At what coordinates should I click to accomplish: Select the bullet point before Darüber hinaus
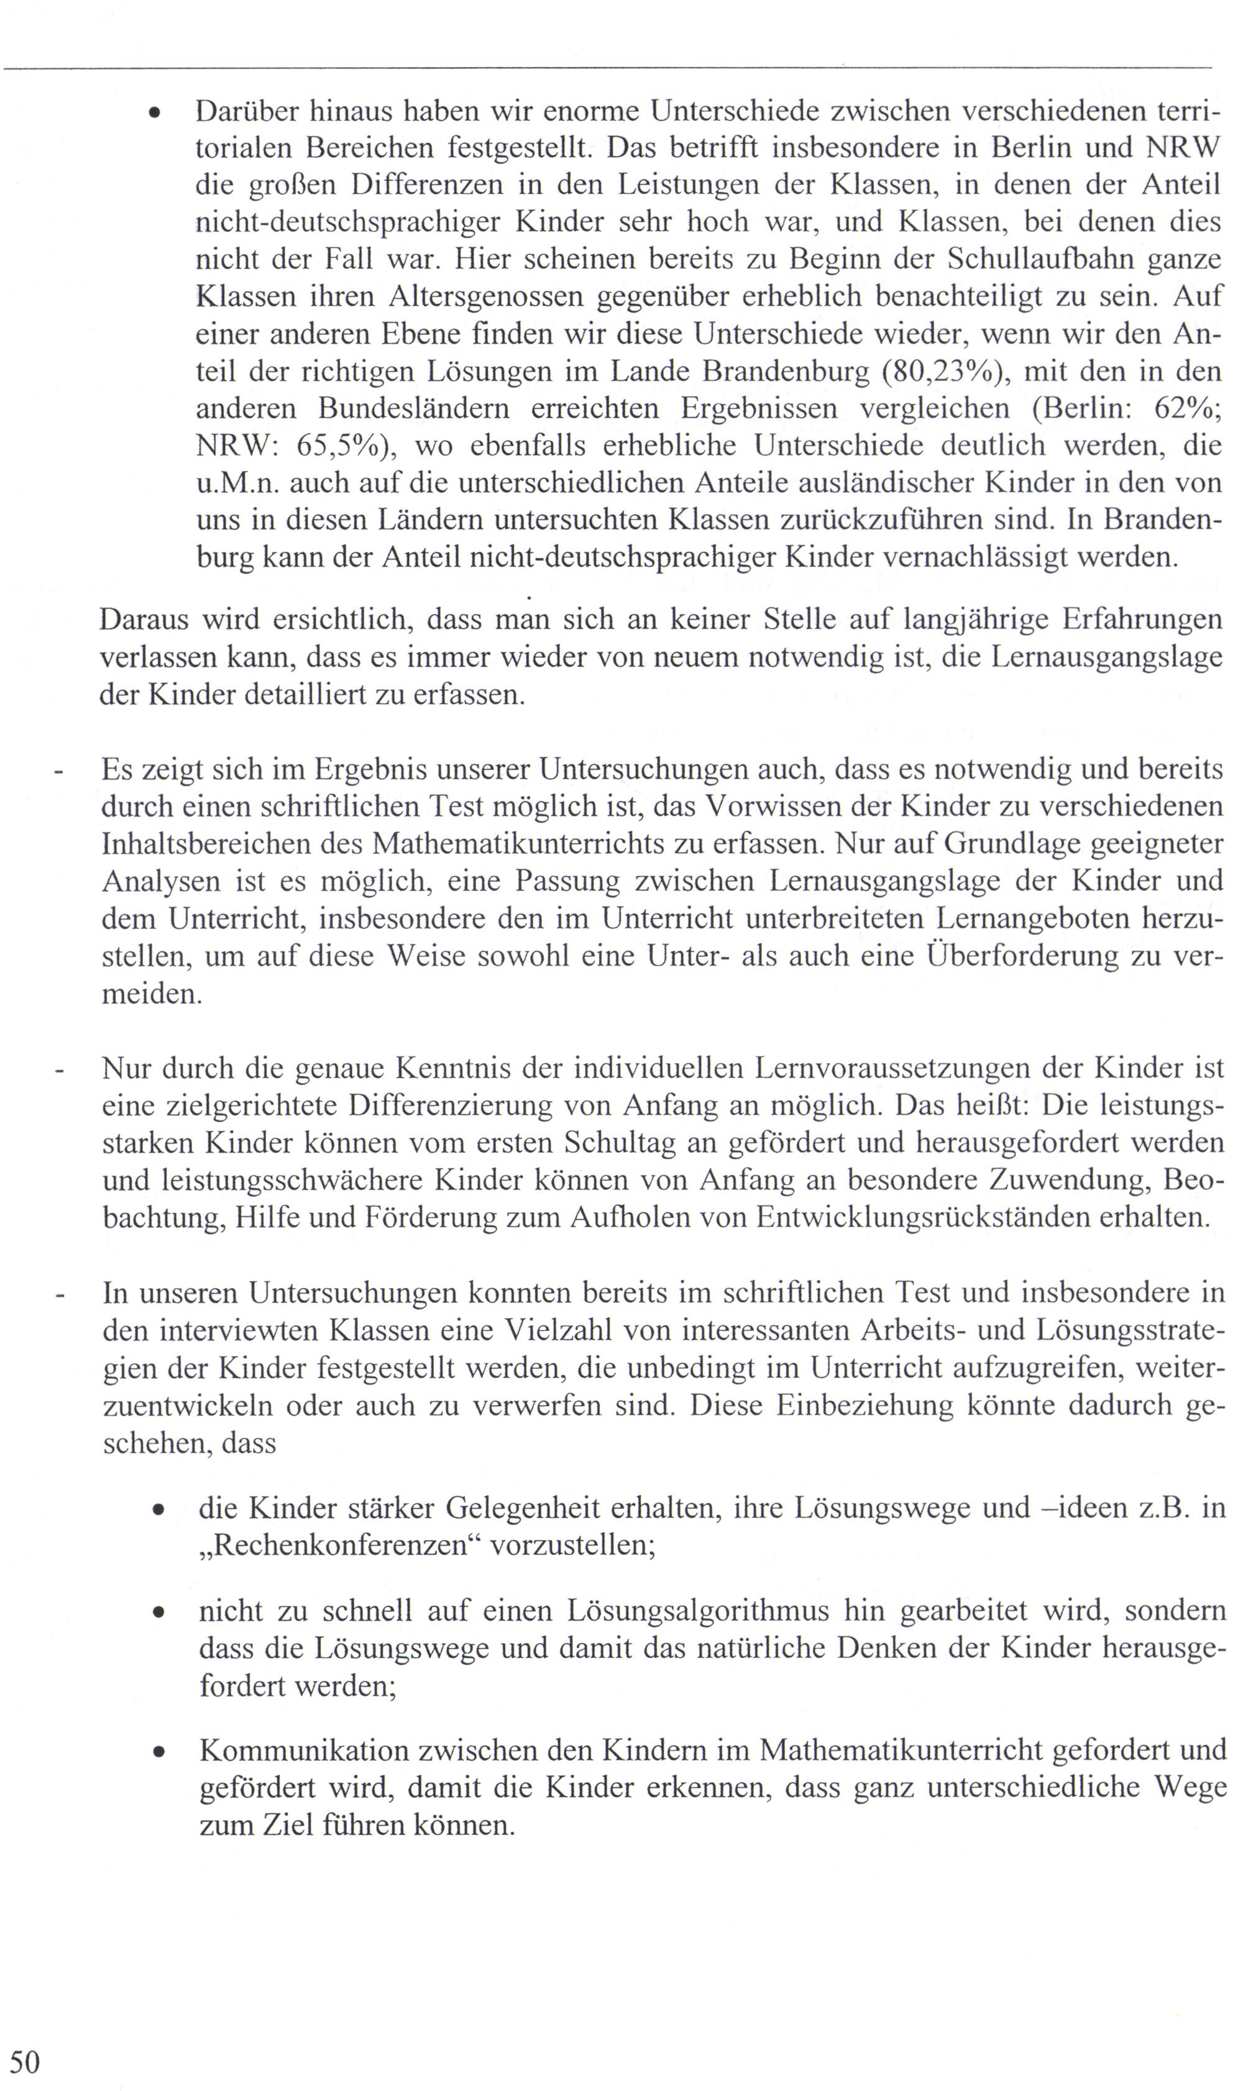coord(154,112)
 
